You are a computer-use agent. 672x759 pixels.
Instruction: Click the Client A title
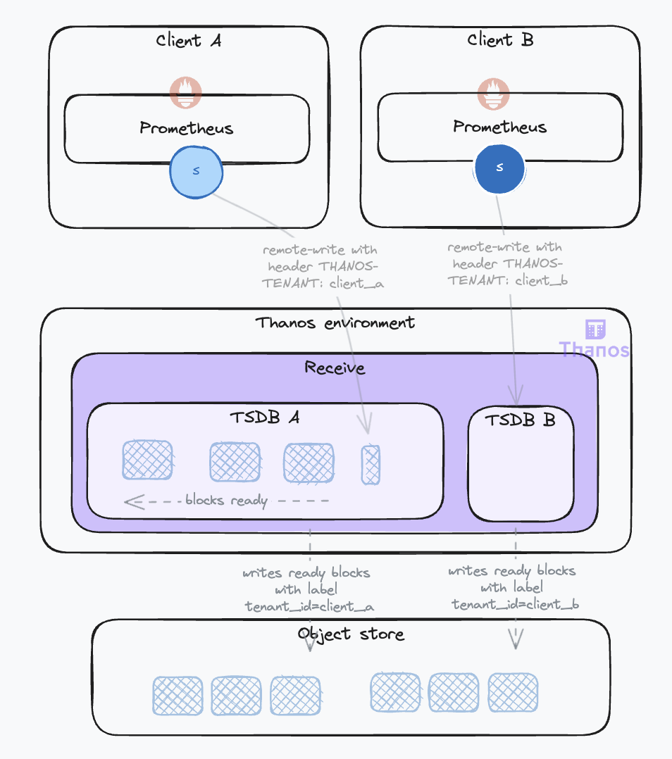(188, 40)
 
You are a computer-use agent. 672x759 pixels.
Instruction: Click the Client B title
(500, 39)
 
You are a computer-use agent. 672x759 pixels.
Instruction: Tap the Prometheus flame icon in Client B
(493, 94)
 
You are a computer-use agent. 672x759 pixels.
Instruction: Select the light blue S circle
(196, 171)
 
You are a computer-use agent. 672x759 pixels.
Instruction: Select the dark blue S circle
(499, 167)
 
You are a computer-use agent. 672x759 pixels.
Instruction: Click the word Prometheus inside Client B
(499, 127)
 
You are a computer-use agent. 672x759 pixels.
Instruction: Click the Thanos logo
(595, 339)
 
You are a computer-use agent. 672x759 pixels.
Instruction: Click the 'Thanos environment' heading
(335, 323)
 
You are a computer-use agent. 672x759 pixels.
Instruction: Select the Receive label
(335, 368)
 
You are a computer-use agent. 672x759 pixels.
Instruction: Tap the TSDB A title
(264, 417)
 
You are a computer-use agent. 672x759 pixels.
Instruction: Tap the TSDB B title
(520, 420)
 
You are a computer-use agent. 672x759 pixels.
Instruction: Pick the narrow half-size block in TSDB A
(371, 465)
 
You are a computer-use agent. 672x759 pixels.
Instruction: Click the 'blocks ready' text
(226, 501)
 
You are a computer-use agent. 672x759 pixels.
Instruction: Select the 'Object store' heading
(351, 634)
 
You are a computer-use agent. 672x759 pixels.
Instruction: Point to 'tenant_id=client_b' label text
(515, 604)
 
